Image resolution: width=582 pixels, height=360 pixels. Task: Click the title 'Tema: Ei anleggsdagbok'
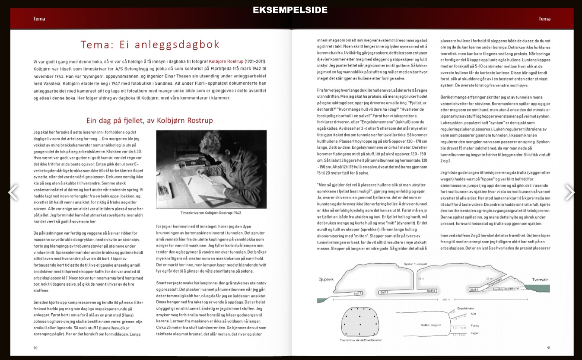pyautogui.click(x=150, y=45)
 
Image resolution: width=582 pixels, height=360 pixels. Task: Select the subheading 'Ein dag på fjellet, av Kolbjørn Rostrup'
pyautogui.click(x=149, y=120)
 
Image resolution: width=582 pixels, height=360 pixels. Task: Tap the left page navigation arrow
pyautogui.click(x=13, y=192)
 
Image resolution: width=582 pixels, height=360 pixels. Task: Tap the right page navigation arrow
pyautogui.click(x=569, y=192)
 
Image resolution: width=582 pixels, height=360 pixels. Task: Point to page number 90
pyautogui.click(x=35, y=347)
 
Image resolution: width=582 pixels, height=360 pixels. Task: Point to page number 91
pyautogui.click(x=548, y=347)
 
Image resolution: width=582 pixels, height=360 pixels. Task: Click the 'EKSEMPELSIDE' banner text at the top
pyautogui.click(x=290, y=10)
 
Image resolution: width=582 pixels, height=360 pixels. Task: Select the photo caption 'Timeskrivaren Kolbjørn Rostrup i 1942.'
pyautogui.click(x=211, y=213)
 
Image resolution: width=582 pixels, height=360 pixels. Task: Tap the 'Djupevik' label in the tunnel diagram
pyautogui.click(x=326, y=280)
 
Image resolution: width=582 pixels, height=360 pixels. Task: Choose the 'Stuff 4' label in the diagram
pyautogui.click(x=474, y=290)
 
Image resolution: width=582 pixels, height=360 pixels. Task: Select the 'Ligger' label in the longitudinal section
pyautogui.click(x=474, y=333)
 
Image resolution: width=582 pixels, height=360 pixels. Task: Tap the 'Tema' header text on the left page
pyautogui.click(x=39, y=19)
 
